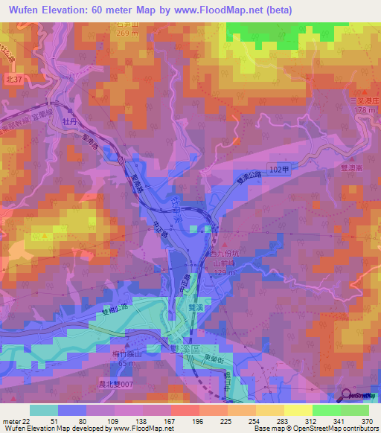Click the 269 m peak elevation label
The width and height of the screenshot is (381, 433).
(x=128, y=33)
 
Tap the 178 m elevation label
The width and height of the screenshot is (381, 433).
(x=364, y=111)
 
